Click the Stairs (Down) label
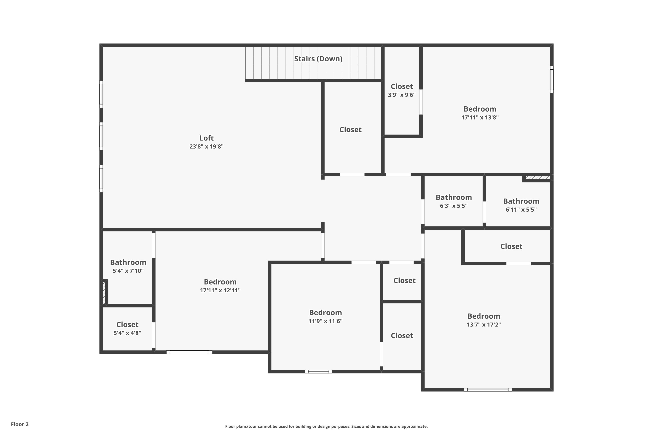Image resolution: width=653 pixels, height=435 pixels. point(318,59)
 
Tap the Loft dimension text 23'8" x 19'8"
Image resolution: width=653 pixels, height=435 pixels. point(206,146)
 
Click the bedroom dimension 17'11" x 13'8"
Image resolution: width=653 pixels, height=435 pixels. point(480,117)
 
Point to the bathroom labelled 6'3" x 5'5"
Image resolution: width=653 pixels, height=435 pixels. point(453,201)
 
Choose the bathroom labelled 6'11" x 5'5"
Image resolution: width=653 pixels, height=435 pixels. point(521,205)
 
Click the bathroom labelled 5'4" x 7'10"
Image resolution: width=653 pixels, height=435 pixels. point(128,266)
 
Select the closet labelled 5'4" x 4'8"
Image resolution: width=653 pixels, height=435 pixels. point(127,328)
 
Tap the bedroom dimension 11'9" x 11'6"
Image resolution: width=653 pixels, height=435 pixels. point(325,321)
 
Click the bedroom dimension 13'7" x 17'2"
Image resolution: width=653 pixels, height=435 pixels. point(484,324)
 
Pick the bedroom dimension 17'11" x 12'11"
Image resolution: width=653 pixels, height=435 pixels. point(220,290)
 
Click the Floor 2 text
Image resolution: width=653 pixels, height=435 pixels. point(20,424)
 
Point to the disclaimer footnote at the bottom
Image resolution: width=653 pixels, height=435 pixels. point(326,426)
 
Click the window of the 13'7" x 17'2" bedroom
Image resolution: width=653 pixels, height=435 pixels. point(488,390)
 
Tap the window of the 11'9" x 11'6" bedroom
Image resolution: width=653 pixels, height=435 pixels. point(318,372)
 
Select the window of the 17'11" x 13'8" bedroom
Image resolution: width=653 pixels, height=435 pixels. point(552,79)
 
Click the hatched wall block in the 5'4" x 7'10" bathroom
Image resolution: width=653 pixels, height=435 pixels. point(104,293)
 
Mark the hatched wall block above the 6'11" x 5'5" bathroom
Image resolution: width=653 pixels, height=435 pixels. point(537,177)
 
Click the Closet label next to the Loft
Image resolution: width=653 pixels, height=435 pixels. point(350,130)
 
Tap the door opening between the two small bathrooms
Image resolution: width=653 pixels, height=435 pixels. point(484,212)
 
